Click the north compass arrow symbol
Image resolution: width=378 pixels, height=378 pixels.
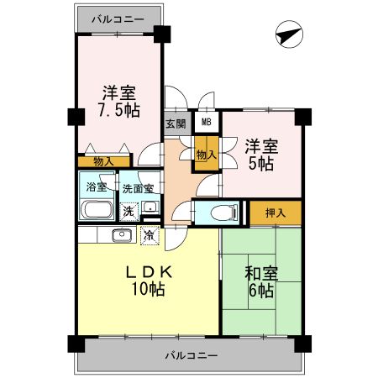(x=288, y=36)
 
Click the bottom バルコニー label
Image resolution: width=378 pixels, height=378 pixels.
(x=190, y=355)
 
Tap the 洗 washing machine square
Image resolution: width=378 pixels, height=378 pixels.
(x=128, y=211)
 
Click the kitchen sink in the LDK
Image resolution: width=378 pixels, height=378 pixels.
(x=116, y=234)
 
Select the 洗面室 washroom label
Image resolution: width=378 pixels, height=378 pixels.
(x=138, y=188)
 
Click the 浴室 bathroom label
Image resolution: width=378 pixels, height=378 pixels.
(x=97, y=187)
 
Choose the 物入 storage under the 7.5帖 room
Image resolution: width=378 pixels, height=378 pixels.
(x=104, y=161)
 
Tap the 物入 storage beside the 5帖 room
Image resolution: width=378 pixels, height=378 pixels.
(x=207, y=155)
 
